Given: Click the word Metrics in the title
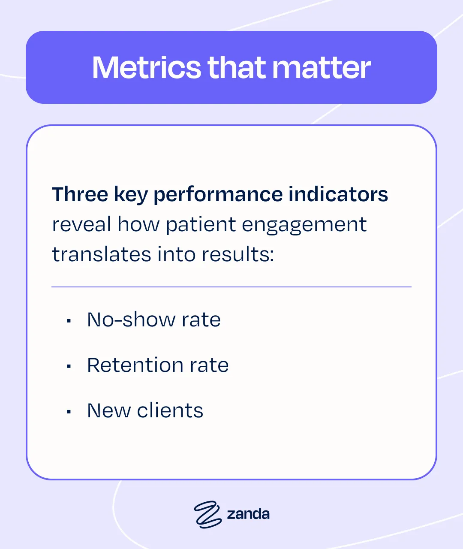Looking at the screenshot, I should [146, 68].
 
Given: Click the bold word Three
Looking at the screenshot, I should [80, 194].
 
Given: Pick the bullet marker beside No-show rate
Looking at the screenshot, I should [69, 320].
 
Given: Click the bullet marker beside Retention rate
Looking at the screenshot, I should [69, 366].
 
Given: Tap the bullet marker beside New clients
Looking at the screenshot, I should [69, 411].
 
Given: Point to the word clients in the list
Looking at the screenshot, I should [170, 410].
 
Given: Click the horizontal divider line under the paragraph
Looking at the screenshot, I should [231, 287].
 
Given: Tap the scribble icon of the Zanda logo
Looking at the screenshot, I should [208, 514].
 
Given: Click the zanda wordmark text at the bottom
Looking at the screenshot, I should [248, 514].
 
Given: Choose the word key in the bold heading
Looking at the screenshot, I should [130, 195].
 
